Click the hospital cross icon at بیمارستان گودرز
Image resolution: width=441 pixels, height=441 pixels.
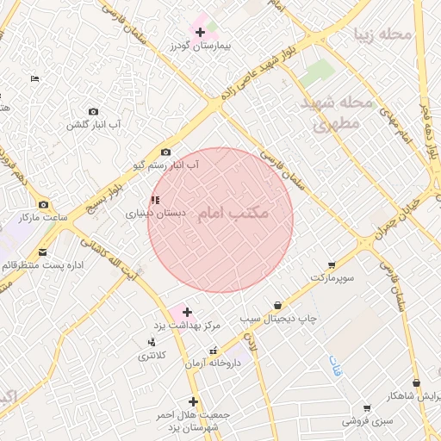pos(200,32)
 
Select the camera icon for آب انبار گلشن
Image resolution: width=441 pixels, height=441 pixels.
pos(94,112)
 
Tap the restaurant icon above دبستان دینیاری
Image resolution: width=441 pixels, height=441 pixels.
pos(154,200)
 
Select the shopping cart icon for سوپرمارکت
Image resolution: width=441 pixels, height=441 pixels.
pos(332,265)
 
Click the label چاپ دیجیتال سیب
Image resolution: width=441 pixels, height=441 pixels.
pos(278,318)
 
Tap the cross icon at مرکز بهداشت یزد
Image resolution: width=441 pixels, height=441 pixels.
pos(186,312)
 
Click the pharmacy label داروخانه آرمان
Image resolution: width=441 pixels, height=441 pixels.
pos(213,363)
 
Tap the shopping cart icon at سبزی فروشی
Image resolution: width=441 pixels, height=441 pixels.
pos(367,408)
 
